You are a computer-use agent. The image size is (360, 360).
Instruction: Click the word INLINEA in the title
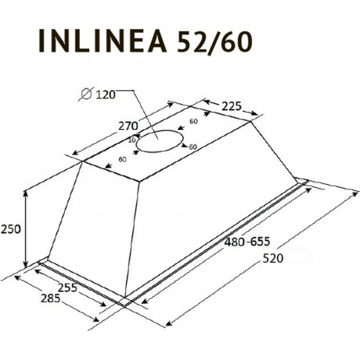point(103,41)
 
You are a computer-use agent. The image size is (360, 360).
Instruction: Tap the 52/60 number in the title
point(214,41)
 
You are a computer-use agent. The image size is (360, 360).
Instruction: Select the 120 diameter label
point(106,95)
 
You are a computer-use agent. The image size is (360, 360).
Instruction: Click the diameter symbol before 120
point(86,94)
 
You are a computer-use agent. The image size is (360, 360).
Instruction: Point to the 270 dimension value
point(128,126)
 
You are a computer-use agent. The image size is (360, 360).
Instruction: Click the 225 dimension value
point(232,106)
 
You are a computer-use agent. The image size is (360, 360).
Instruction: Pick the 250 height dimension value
point(10,229)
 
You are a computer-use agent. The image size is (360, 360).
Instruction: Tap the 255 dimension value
point(67,288)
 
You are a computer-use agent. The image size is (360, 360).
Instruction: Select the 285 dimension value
point(51,298)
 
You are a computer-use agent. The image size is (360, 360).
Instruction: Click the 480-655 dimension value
point(247,242)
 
